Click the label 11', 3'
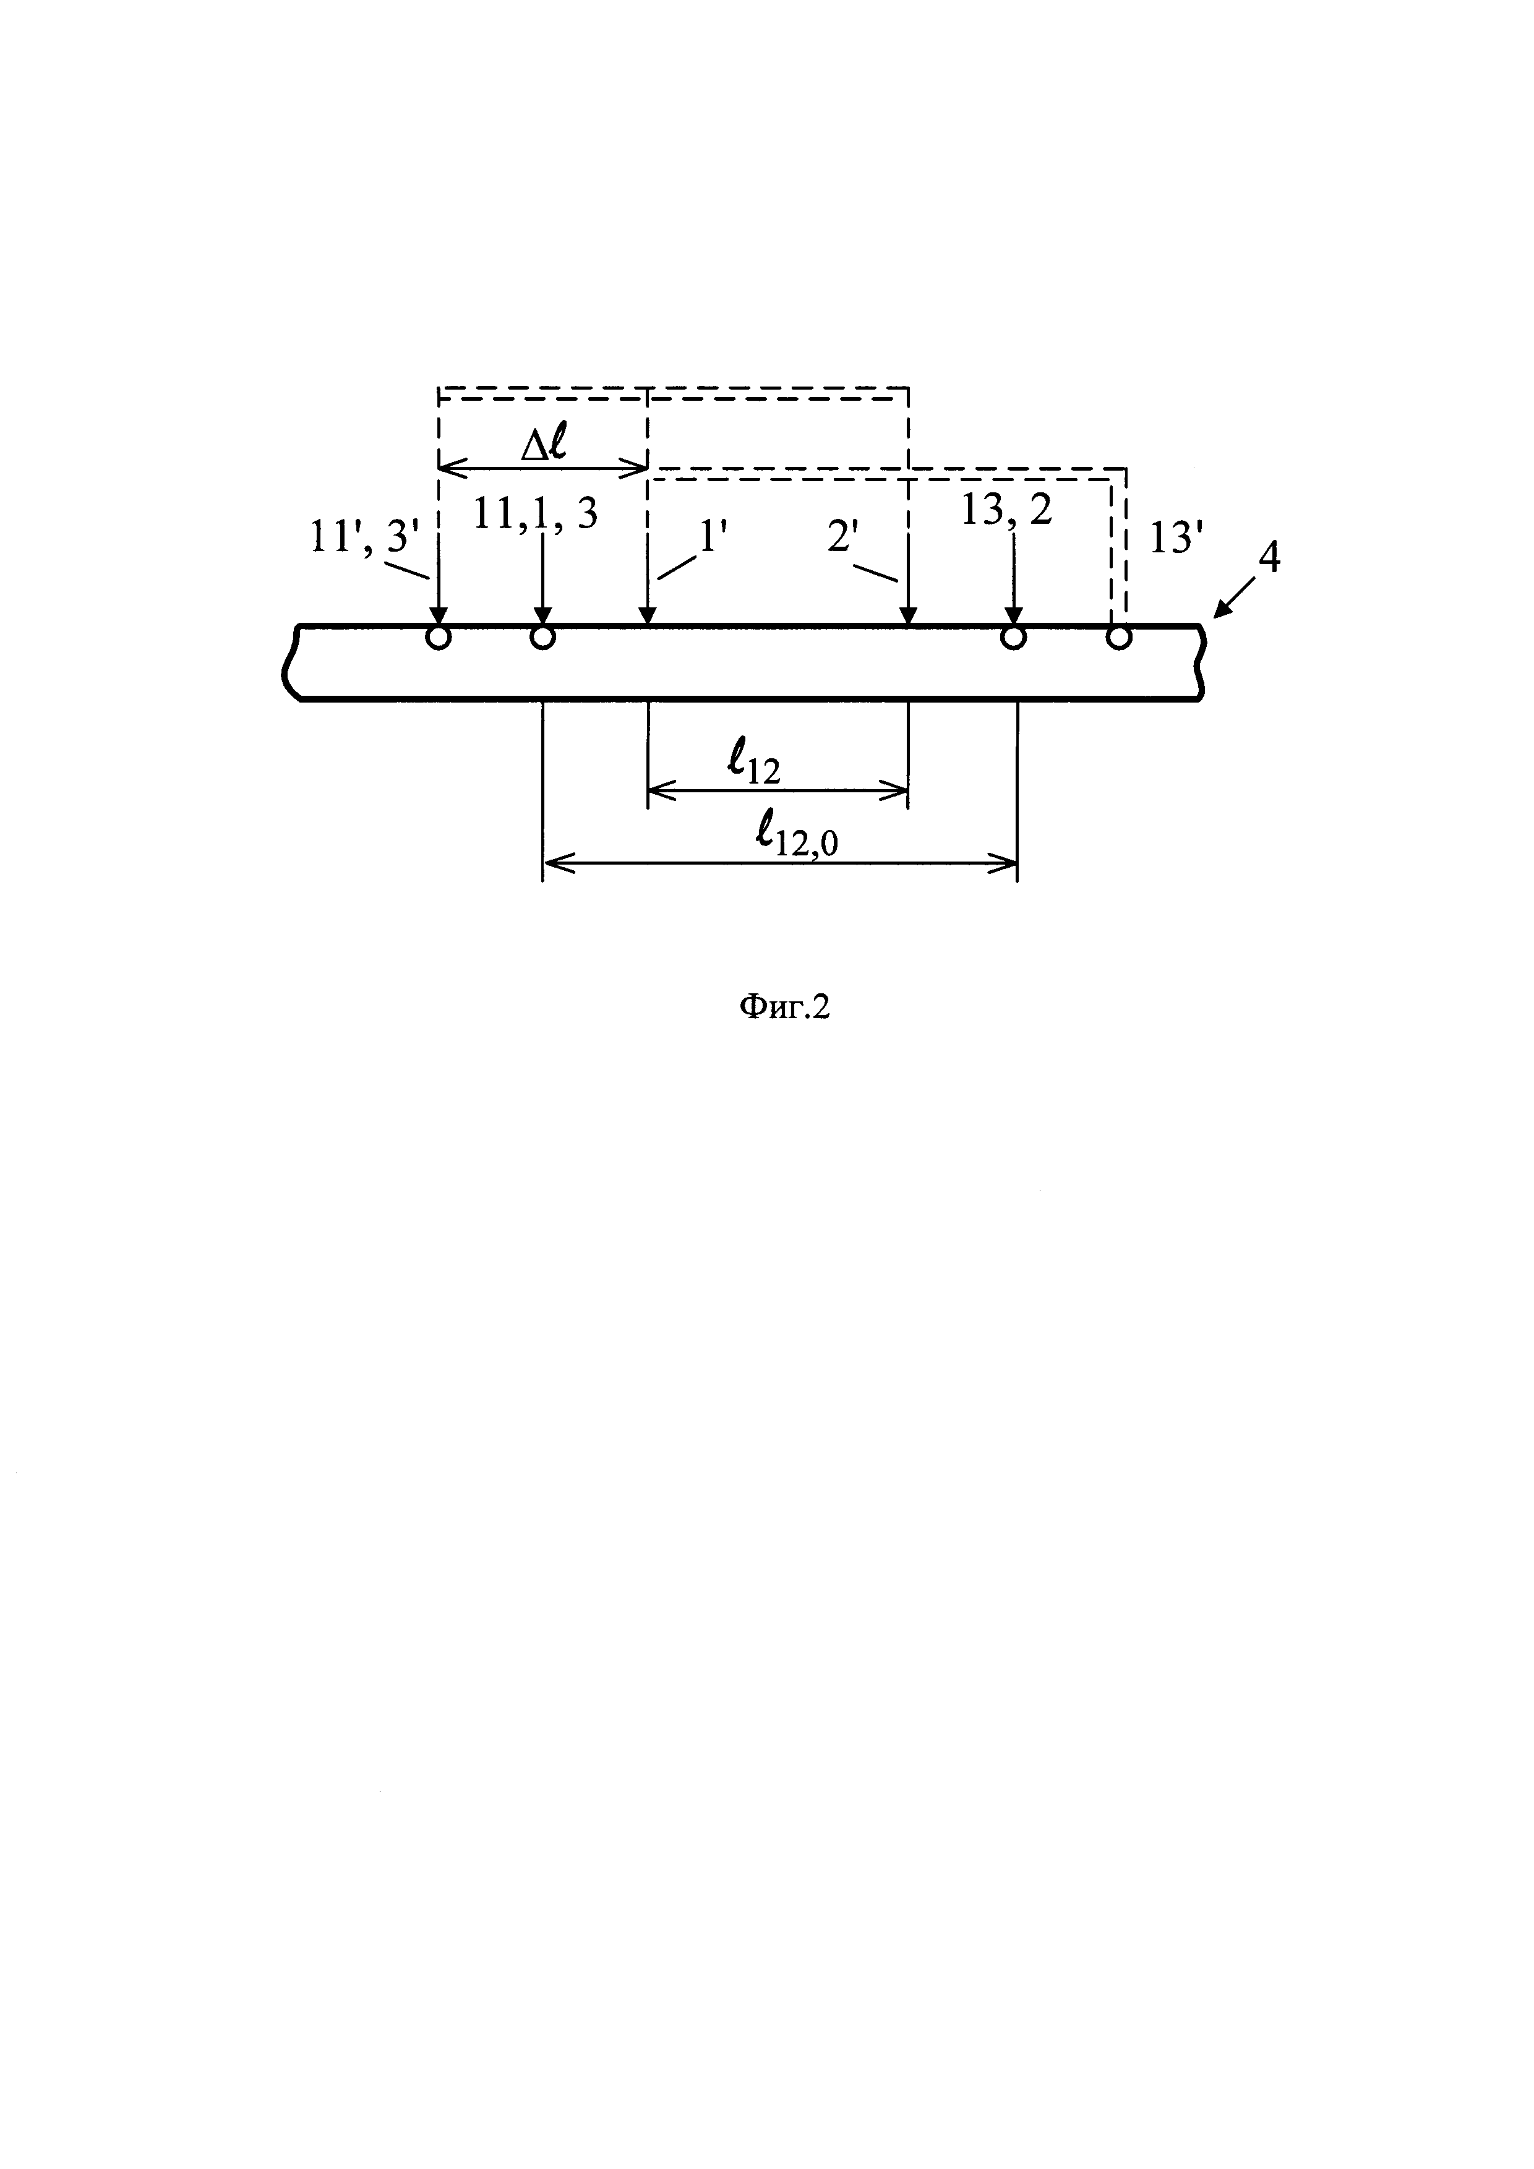point(364,539)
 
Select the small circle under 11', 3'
point(439,638)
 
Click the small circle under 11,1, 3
point(542,638)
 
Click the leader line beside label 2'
point(875,573)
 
